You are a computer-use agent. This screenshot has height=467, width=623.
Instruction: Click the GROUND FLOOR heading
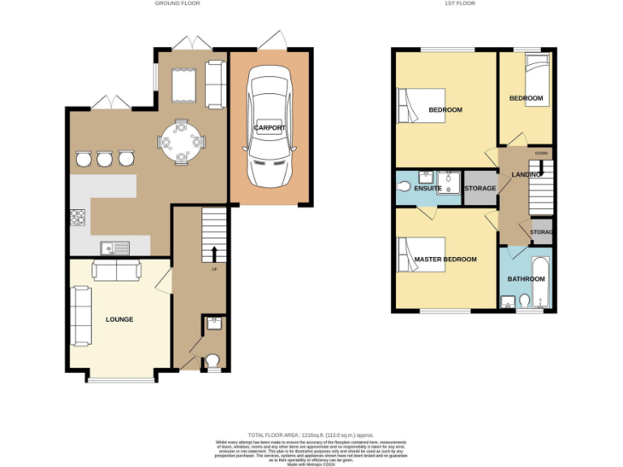click(x=177, y=4)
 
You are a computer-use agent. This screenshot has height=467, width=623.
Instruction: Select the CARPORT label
click(x=270, y=128)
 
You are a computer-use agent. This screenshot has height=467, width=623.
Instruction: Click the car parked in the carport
click(x=270, y=127)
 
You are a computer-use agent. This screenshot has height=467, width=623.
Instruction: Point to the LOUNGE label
click(x=119, y=319)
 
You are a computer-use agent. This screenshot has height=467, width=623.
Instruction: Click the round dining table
click(x=180, y=143)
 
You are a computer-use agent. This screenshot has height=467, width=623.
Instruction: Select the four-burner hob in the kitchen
click(x=79, y=217)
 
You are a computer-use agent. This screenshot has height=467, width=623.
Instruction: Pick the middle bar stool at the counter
click(x=104, y=159)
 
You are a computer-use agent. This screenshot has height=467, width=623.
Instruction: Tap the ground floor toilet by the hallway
click(x=213, y=360)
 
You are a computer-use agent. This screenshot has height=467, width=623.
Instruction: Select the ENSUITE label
click(x=428, y=188)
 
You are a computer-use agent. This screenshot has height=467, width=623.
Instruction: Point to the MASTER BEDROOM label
click(x=445, y=259)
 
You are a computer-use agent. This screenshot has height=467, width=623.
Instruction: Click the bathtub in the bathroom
click(x=541, y=282)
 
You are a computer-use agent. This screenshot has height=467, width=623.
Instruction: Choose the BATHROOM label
click(x=526, y=279)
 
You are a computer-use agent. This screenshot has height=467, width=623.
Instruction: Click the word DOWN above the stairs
click(x=542, y=152)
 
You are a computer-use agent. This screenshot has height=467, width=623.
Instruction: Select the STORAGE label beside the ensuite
click(x=480, y=188)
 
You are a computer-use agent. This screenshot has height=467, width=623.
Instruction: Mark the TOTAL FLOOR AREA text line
click(x=311, y=435)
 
